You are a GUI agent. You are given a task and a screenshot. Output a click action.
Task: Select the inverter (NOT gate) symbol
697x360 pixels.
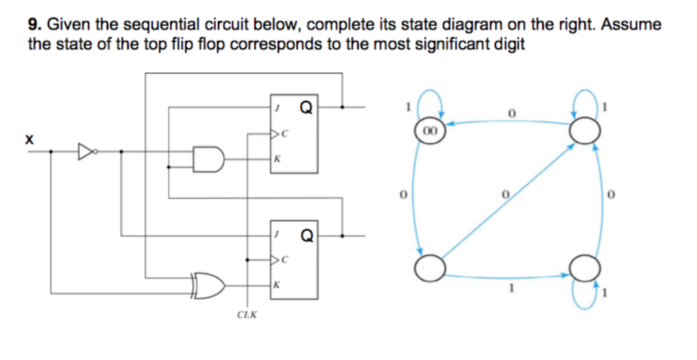pyautogui.click(x=86, y=151)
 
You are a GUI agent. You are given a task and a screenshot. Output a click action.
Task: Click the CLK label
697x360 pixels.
pyautogui.click(x=246, y=314)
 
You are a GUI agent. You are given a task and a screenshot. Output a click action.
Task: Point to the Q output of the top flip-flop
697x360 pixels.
pyautogui.click(x=306, y=107)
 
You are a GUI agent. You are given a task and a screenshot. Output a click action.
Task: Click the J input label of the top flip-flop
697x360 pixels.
pyautogui.click(x=277, y=108)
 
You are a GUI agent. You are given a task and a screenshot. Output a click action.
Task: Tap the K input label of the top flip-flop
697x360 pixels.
pyautogui.click(x=276, y=159)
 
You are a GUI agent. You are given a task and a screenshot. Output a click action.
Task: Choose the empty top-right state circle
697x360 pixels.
pyautogui.click(x=585, y=129)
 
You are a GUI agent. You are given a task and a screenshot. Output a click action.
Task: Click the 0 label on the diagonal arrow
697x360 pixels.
pyautogui.click(x=506, y=195)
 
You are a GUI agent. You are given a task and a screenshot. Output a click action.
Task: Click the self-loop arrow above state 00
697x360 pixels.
pyautogui.click(x=431, y=102)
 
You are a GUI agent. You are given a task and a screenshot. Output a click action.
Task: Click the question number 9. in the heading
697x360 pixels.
pyautogui.click(x=35, y=25)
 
